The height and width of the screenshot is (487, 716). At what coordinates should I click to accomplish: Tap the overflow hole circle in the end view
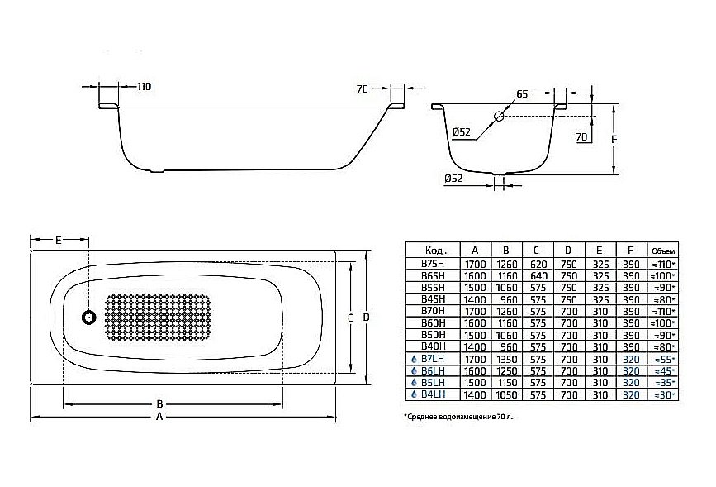(500, 117)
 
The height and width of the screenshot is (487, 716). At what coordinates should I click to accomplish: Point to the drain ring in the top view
(88, 317)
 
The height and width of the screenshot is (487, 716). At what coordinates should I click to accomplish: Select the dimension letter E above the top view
(59, 241)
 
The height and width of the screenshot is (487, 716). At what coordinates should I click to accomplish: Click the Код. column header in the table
(435, 250)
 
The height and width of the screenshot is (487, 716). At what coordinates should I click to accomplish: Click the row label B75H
(434, 264)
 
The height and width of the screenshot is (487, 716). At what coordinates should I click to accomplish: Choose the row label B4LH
(435, 395)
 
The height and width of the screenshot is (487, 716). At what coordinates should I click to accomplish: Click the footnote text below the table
(458, 418)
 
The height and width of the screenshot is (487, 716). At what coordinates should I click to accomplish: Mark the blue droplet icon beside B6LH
(413, 371)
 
